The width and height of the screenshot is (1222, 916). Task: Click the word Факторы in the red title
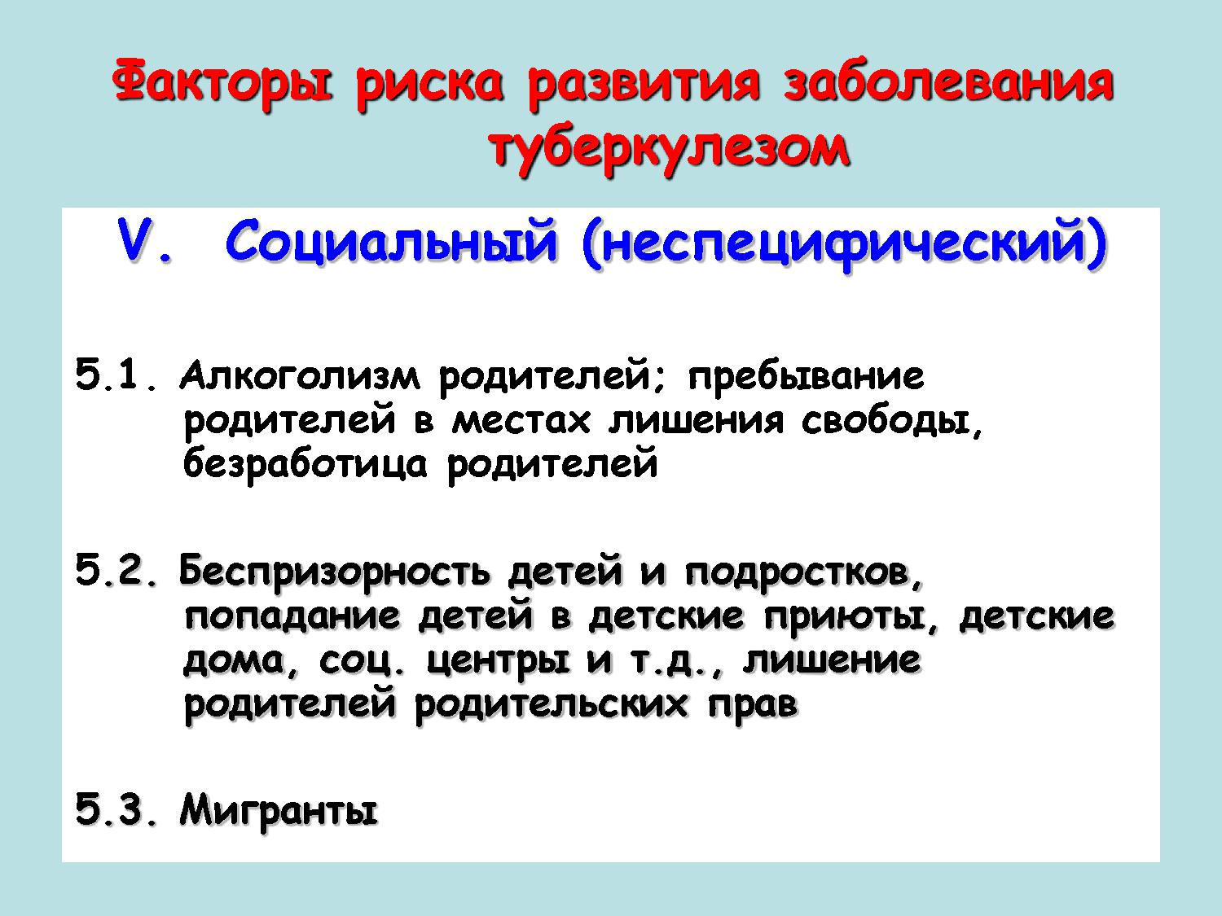coord(222,83)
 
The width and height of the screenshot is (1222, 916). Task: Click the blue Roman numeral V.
coord(143,243)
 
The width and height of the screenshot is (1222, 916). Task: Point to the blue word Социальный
coord(391,243)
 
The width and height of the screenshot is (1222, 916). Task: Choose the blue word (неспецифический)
coord(844,245)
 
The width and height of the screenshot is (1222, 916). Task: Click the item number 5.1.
coord(117,376)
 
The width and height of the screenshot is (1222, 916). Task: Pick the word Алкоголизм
coord(299,376)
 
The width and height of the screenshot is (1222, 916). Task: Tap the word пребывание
coord(806,378)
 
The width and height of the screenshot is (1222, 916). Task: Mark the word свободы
coord(891,422)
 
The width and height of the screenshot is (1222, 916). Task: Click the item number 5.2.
coord(117,572)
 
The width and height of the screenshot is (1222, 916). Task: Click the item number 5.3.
coord(117,810)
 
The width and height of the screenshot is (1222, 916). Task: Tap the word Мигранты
coord(279,812)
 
